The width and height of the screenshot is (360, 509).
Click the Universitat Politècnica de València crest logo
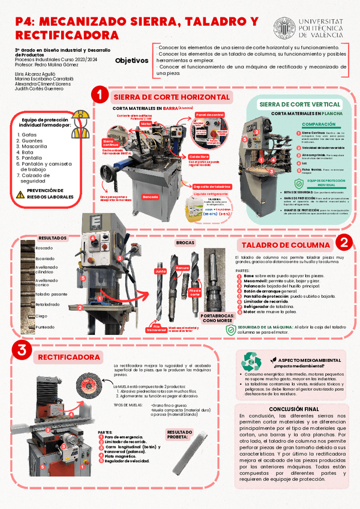pos(284,28)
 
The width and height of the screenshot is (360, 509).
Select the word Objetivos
pos(131,61)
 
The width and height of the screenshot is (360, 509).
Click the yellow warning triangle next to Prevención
pos(20,193)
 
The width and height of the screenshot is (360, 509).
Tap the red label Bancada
pos(151,197)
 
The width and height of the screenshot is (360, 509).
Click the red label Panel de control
pos(209,114)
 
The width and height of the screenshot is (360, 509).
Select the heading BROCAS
pos(184,242)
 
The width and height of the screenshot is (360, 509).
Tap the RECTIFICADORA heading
pos(68,357)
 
